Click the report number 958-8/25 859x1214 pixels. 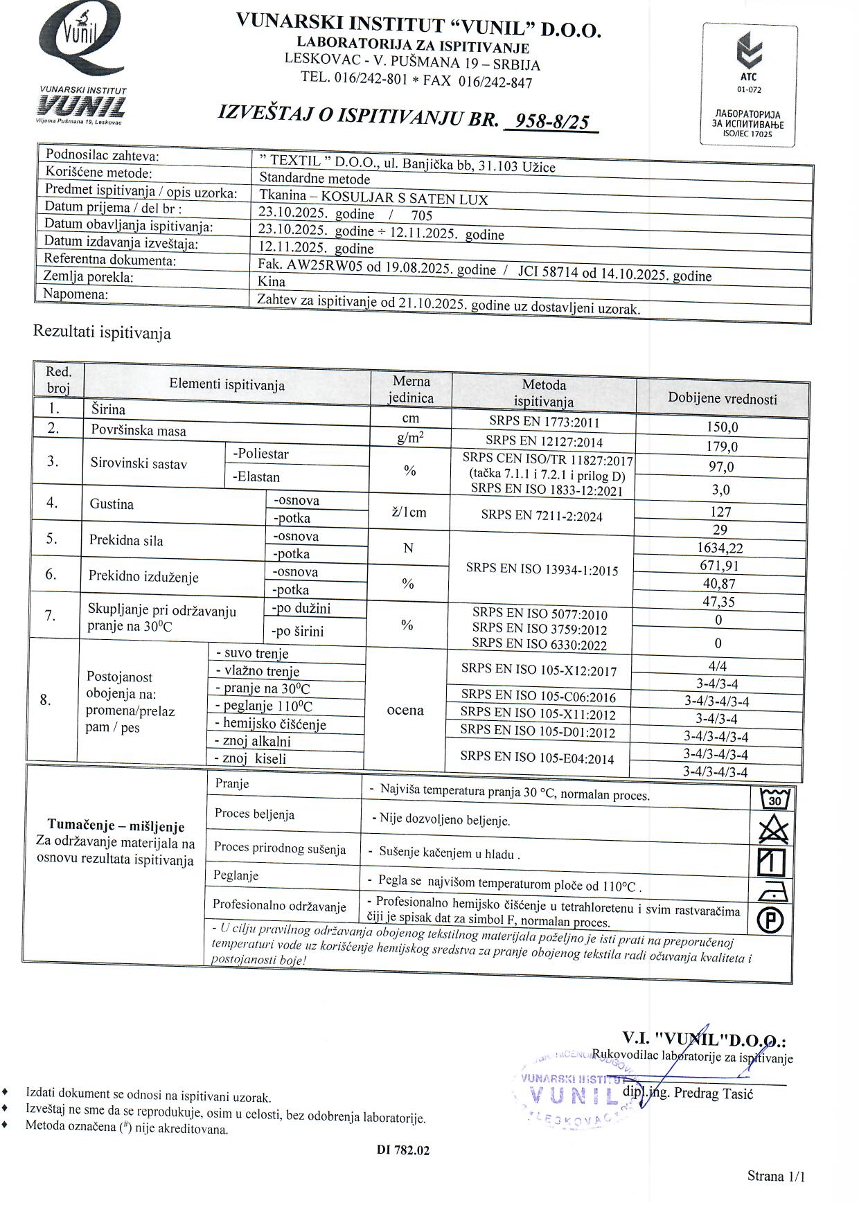(x=552, y=122)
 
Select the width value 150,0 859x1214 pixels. (x=722, y=427)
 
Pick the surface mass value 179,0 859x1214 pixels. (x=722, y=447)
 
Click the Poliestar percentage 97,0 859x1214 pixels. (x=721, y=467)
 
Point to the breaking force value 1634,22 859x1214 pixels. (x=720, y=548)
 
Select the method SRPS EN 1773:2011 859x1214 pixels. (x=544, y=422)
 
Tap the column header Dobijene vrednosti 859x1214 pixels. (x=722, y=398)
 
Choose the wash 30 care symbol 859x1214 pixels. (x=774, y=800)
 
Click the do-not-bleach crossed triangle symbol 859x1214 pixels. (x=773, y=830)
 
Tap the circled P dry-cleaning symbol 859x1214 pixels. (x=770, y=920)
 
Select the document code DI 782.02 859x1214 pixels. (x=403, y=1150)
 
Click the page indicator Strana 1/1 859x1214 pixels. (x=776, y=1176)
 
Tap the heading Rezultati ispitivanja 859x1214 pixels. (x=102, y=332)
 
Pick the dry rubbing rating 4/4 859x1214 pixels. (x=718, y=666)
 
